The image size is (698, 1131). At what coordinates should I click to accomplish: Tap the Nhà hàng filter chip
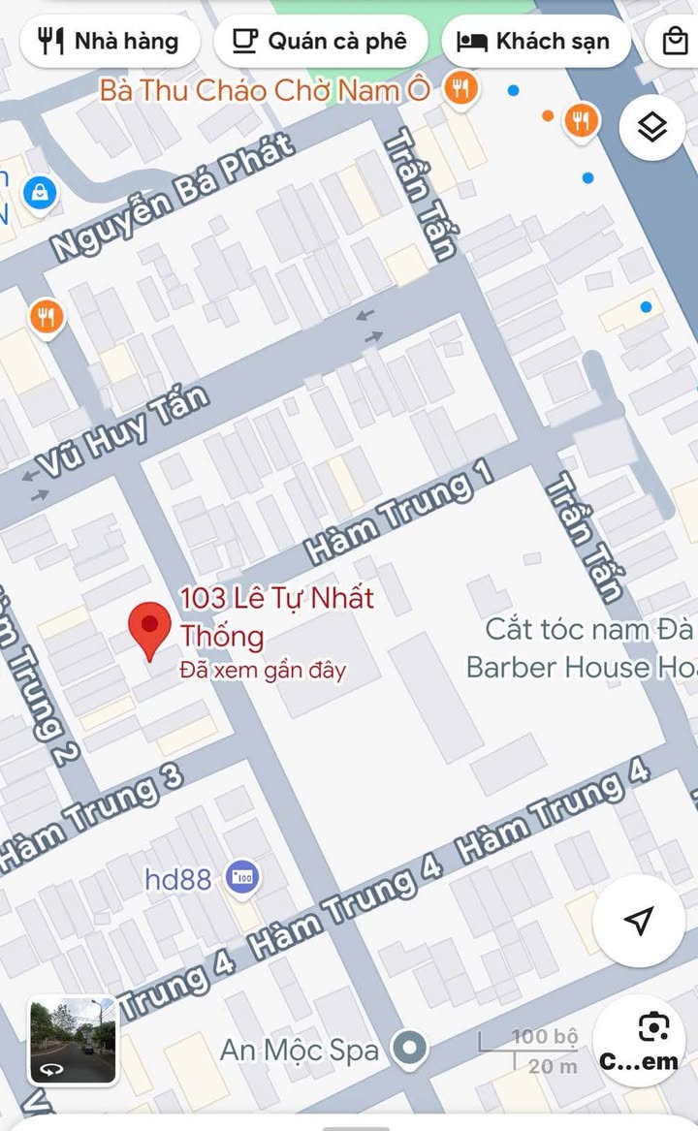click(x=109, y=42)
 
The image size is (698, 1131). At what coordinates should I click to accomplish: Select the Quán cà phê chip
click(x=320, y=42)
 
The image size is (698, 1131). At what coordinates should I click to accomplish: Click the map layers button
click(x=652, y=126)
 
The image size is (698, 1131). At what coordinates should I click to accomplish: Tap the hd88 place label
click(x=177, y=879)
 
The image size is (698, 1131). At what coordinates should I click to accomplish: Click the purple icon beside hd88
click(x=240, y=878)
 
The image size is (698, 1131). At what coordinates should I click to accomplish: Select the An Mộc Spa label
click(x=299, y=1049)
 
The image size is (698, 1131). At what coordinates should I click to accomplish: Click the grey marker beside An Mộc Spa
click(x=410, y=1048)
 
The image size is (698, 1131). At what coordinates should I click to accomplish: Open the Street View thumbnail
click(x=72, y=1041)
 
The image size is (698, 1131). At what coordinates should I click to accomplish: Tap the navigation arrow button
click(x=639, y=921)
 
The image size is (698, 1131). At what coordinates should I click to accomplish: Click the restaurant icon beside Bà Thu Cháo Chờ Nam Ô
click(x=460, y=90)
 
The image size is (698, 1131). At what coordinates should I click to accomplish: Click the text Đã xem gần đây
click(x=263, y=670)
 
